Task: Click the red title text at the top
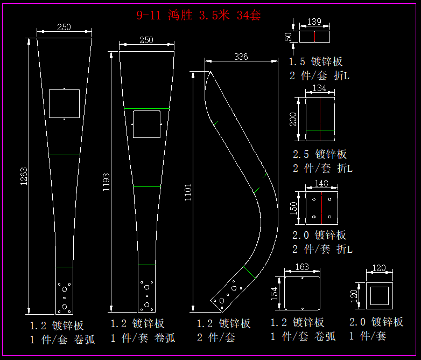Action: click(199, 15)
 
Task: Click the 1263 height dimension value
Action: click(24, 176)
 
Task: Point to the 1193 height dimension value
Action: click(106, 182)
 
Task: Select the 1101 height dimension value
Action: click(188, 192)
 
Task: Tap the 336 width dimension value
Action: click(241, 57)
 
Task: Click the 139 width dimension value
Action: click(314, 22)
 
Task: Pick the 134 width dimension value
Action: click(319, 88)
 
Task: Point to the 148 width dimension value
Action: click(321, 183)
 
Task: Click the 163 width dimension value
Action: click(302, 267)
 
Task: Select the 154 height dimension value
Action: click(274, 294)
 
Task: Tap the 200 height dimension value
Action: click(293, 119)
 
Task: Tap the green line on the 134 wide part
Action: click(320, 130)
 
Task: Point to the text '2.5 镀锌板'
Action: click(319, 154)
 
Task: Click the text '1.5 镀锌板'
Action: click(315, 61)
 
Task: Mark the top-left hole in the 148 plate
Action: click(314, 199)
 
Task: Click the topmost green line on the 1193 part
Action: click(146, 109)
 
